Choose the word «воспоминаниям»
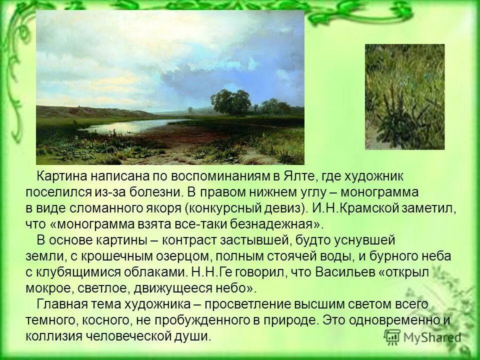coord(218,176)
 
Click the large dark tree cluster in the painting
coord(231,101)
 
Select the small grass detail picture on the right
coord(404,96)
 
